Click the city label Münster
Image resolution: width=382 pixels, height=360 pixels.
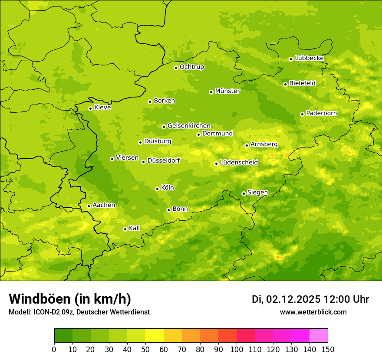click(x=227, y=91)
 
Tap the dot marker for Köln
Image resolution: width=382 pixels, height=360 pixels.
click(x=157, y=189)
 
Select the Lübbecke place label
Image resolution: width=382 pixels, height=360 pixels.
click(x=309, y=58)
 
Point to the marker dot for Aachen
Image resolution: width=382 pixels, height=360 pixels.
click(x=89, y=206)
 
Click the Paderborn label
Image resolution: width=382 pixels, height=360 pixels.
click(x=321, y=113)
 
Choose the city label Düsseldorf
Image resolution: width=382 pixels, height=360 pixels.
click(x=164, y=161)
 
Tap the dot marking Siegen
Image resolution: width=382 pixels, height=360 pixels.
click(x=244, y=193)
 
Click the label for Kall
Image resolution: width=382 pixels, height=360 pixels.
click(x=134, y=228)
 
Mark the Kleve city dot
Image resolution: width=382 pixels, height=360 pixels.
click(x=90, y=108)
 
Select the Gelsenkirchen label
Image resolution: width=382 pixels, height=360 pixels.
click(x=189, y=126)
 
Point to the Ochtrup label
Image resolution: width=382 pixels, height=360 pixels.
click(x=191, y=67)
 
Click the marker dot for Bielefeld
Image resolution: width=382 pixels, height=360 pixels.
click(x=285, y=84)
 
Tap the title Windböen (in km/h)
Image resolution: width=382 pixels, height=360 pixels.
click(x=70, y=299)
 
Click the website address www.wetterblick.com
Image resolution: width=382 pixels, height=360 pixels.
click(x=313, y=312)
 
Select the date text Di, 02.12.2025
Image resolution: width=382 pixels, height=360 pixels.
click(x=286, y=299)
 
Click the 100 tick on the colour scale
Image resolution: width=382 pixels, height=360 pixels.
click(x=237, y=349)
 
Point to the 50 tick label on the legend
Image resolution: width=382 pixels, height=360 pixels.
click(x=145, y=349)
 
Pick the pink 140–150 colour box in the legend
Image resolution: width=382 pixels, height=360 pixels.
click(x=319, y=335)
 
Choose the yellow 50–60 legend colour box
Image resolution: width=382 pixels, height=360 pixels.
click(x=155, y=335)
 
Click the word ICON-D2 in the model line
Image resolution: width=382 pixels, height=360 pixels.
click(x=45, y=312)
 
